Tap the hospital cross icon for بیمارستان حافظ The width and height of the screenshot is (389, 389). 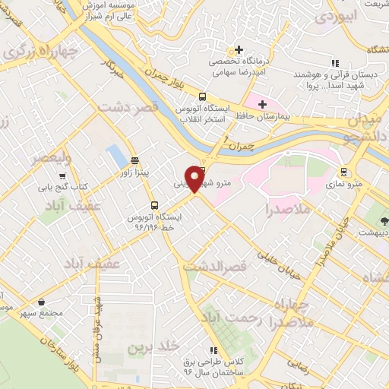[262, 104]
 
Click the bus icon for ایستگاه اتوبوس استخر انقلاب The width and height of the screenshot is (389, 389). [202, 96]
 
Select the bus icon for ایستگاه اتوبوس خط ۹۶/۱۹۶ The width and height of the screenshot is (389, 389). [154, 205]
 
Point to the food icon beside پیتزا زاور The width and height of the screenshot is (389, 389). [134, 160]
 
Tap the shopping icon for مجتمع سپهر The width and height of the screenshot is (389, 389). [40, 302]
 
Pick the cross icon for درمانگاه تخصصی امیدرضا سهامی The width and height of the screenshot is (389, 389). [238, 49]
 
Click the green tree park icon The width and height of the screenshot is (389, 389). [382, 223]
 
